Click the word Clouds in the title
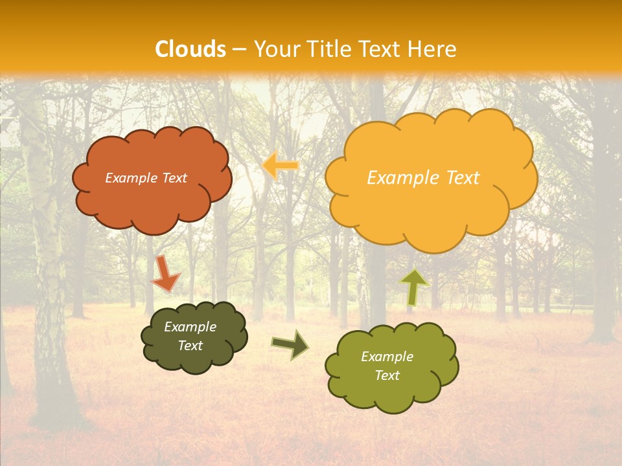pos(190,49)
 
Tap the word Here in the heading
pos(433,49)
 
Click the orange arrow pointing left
pos(281,166)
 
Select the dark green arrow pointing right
pos(290,345)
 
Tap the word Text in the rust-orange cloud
pos(174,178)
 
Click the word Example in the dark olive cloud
pos(190,327)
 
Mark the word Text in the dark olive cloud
pos(190,346)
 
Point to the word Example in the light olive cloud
pos(387,357)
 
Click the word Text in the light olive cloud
pos(387,375)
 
